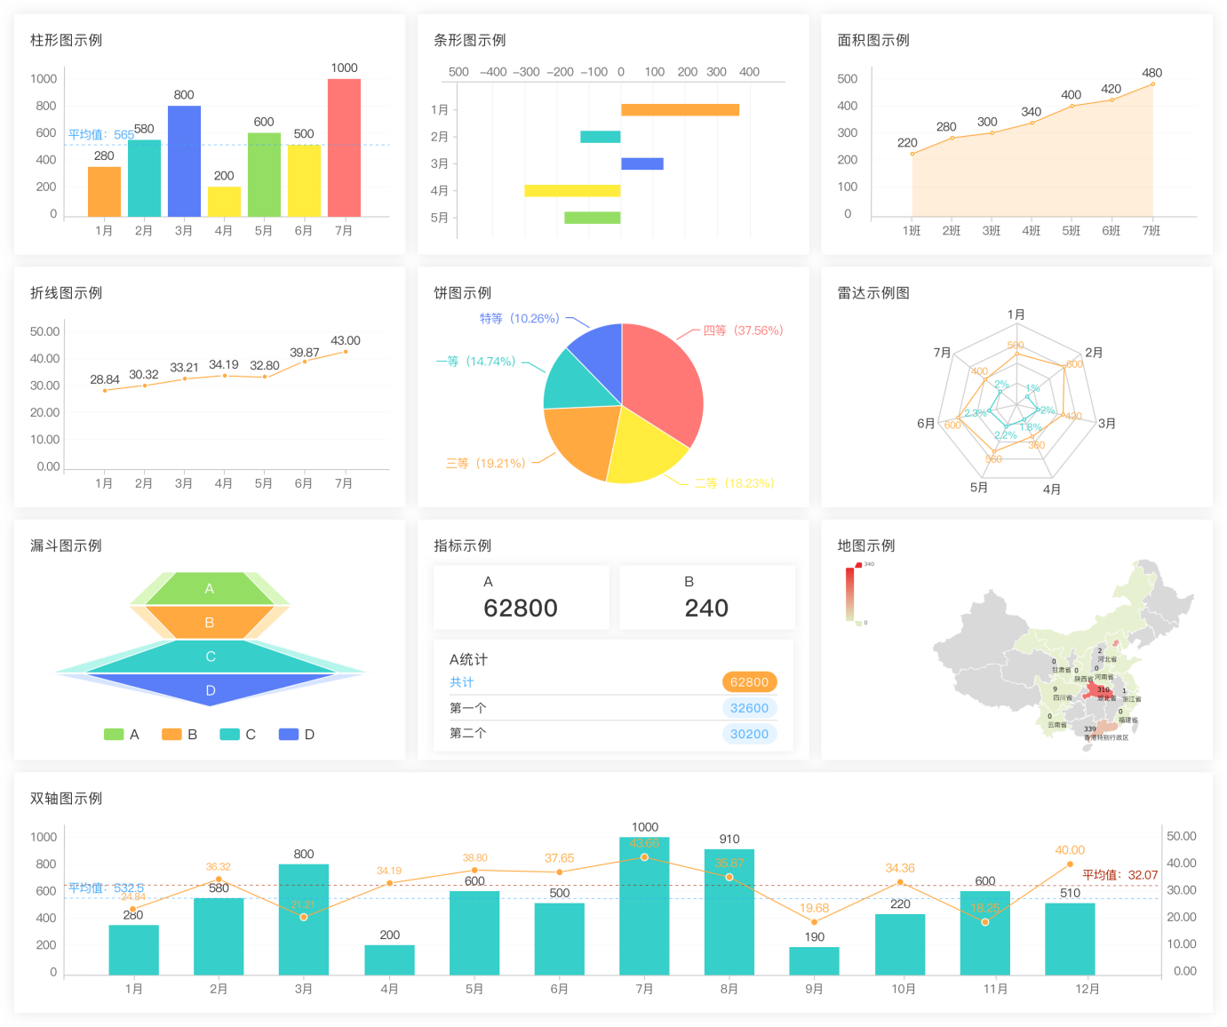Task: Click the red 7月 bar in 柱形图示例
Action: (344, 147)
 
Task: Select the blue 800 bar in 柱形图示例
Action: (184, 161)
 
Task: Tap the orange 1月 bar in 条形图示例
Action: (680, 110)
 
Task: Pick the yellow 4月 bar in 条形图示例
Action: (572, 190)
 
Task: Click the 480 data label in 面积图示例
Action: (1151, 73)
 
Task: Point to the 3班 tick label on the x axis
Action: (992, 231)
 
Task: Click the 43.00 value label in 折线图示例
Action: (346, 341)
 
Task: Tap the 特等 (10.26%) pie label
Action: (520, 318)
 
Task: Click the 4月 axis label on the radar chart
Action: (1052, 490)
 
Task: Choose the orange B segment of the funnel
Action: (210, 622)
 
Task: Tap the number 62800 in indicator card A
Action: (521, 609)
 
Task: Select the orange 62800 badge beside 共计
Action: (749, 682)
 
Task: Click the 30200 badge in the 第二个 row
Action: (749, 734)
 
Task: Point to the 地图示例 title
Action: (866, 545)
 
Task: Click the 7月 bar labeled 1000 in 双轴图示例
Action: (645, 906)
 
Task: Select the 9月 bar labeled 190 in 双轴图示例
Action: (814, 961)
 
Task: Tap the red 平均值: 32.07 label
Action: (1119, 875)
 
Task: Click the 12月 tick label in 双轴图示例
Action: (1088, 989)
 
